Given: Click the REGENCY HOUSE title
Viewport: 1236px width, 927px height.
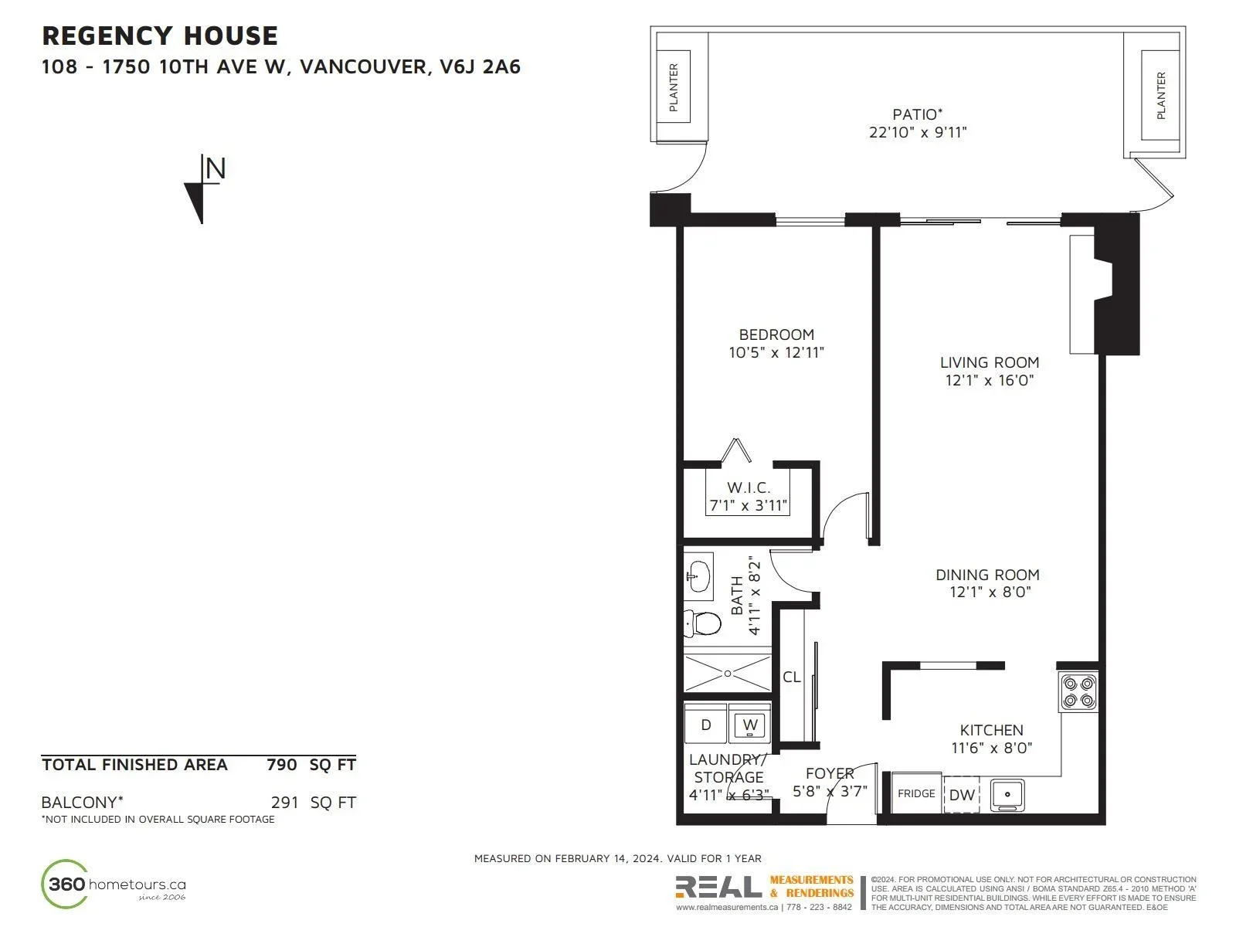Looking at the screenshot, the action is click(x=160, y=36).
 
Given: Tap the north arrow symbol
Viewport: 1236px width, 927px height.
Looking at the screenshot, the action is click(x=205, y=189).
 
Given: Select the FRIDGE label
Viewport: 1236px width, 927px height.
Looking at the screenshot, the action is click(x=916, y=793).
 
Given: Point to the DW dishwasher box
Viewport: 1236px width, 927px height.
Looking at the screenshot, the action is click(x=961, y=794).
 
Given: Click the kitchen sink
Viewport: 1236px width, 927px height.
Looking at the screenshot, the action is click(x=1007, y=795).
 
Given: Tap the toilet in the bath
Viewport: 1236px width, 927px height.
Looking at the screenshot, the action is click(x=702, y=623).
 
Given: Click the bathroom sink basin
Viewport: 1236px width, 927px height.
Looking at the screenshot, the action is click(x=698, y=576).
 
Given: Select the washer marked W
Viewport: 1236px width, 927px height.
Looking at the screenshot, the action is click(x=749, y=725).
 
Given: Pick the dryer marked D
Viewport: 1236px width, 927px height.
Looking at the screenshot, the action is click(x=705, y=725).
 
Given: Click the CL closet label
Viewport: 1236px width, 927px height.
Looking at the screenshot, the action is click(x=791, y=677).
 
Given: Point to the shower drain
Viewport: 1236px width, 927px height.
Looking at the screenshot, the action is click(x=728, y=674).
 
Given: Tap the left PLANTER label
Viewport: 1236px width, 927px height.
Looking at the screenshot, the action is click(x=674, y=87).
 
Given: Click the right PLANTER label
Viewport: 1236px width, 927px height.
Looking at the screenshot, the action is click(x=1160, y=96).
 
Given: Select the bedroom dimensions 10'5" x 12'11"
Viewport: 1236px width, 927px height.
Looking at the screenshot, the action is click(x=776, y=353).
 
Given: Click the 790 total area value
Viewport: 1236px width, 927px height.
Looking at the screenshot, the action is click(x=281, y=765).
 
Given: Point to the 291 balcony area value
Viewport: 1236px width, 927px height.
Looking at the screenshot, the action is click(x=285, y=803).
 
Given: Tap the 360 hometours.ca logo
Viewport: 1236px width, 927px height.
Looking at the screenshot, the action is click(x=114, y=885).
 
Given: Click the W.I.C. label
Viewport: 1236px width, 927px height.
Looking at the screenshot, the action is click(x=749, y=487).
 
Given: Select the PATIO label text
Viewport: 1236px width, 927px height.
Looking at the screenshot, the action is click(x=917, y=115).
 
